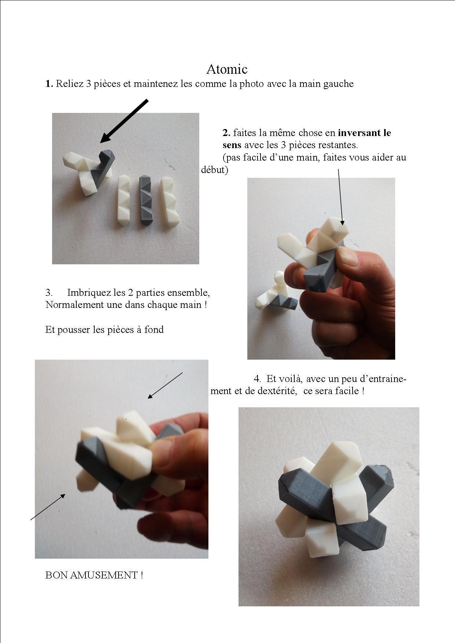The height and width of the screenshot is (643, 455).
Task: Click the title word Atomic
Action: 227,69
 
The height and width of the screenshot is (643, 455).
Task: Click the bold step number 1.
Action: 49,84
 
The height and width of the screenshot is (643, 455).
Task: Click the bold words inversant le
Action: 364,132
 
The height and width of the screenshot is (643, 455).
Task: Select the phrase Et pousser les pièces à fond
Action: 105,329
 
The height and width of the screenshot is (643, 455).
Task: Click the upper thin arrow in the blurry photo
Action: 165,385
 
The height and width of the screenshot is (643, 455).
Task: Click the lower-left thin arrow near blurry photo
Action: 48,507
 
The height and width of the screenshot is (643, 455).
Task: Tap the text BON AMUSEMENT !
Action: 94,575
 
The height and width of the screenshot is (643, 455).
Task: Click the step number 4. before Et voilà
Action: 257,378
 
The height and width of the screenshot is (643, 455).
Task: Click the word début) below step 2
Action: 214,170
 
